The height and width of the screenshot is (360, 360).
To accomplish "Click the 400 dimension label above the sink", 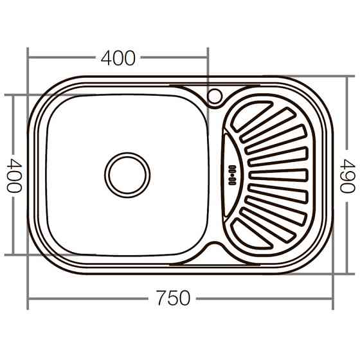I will coord(118,58).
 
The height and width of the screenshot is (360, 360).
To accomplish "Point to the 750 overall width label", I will coord(172,298).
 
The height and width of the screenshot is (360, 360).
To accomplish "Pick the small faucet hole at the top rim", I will coord(214,97).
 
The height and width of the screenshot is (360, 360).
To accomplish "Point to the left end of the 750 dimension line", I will coord(28,298).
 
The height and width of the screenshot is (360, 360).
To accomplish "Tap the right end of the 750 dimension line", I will coord(335,298).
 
